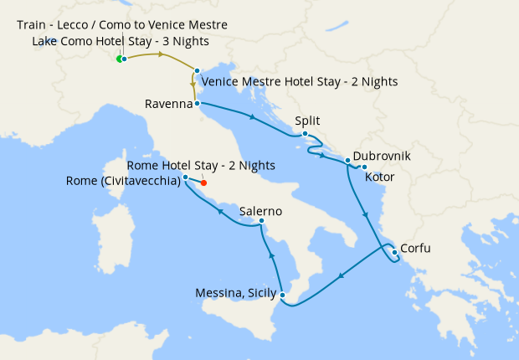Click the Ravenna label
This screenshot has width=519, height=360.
(167, 105)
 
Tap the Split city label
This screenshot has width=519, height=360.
(307, 121)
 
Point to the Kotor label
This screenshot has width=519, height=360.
(380, 177)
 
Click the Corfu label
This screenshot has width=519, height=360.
(417, 249)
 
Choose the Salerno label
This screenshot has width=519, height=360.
(260, 211)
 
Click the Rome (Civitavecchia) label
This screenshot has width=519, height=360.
(123, 182)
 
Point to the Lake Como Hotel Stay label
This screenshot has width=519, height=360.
(121, 41)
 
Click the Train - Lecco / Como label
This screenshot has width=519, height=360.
(122, 25)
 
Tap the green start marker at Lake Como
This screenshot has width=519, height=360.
(119, 59)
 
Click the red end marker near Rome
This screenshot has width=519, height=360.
(203, 183)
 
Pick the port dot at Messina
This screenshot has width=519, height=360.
(283, 295)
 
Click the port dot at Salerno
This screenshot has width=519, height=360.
(262, 222)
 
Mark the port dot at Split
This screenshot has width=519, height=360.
(306, 134)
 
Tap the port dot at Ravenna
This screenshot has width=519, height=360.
(197, 104)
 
